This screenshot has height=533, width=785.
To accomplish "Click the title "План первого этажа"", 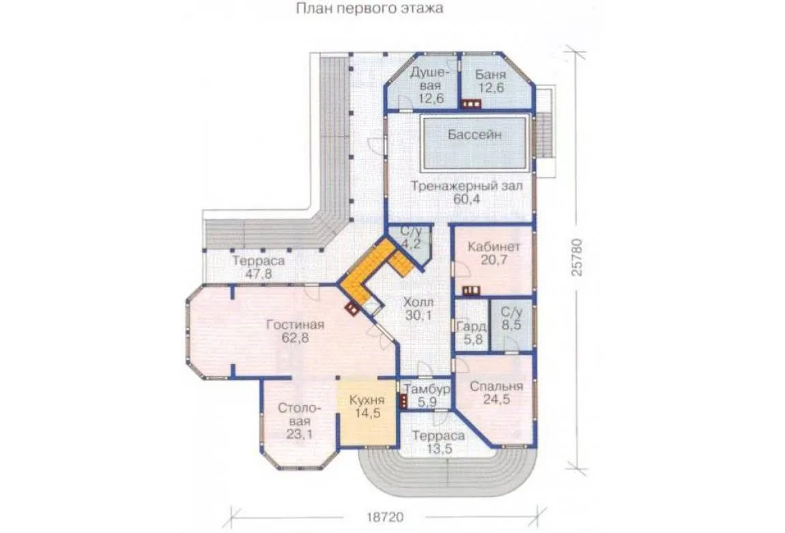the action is (369, 8).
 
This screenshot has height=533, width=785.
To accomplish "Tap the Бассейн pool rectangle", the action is (474, 143).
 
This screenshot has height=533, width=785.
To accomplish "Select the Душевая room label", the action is (425, 79).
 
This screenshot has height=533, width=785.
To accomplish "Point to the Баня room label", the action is (490, 75).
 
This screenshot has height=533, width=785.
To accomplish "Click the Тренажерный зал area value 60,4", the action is (467, 199).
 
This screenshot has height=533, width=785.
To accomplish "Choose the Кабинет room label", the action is (494, 247).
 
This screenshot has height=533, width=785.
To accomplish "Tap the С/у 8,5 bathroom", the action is (511, 325).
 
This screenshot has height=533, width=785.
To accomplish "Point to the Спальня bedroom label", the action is (496, 387).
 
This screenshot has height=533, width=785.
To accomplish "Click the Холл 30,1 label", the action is (418, 309).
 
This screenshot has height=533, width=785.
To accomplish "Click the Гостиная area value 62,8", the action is (295, 338).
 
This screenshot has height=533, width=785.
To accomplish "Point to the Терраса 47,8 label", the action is (258, 267).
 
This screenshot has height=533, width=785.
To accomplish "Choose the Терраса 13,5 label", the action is (438, 442).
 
